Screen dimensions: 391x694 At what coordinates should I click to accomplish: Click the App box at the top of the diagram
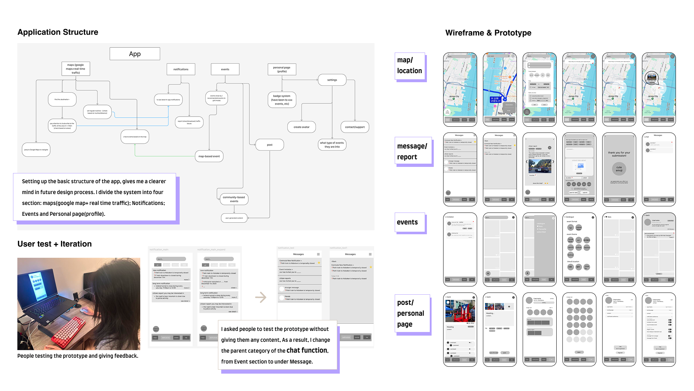[135, 54]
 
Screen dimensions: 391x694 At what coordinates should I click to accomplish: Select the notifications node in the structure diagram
[181, 69]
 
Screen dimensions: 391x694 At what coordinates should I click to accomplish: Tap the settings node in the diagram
[332, 80]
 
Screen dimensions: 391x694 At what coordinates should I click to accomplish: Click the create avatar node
[301, 127]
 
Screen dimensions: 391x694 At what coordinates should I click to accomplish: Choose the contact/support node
[355, 127]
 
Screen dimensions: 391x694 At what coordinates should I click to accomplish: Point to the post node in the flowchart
[270, 145]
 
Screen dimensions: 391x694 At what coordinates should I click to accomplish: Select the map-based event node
[209, 156]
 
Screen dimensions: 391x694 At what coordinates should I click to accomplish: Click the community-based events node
[234, 199]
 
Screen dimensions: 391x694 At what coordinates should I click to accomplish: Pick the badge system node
[282, 100]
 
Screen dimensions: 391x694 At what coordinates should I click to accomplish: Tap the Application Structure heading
[58, 32]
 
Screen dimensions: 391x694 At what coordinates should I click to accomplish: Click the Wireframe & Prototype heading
[488, 33]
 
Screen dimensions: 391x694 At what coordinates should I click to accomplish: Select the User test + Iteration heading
[55, 244]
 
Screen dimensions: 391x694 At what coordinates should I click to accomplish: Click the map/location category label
[410, 66]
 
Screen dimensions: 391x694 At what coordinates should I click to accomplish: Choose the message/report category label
[412, 151]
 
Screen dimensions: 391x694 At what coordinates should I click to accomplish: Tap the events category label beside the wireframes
[407, 222]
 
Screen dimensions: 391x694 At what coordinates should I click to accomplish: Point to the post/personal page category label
[411, 313]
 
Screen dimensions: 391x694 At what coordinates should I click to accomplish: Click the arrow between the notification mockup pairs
[261, 298]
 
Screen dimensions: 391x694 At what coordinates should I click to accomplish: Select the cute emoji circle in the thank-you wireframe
[619, 169]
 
